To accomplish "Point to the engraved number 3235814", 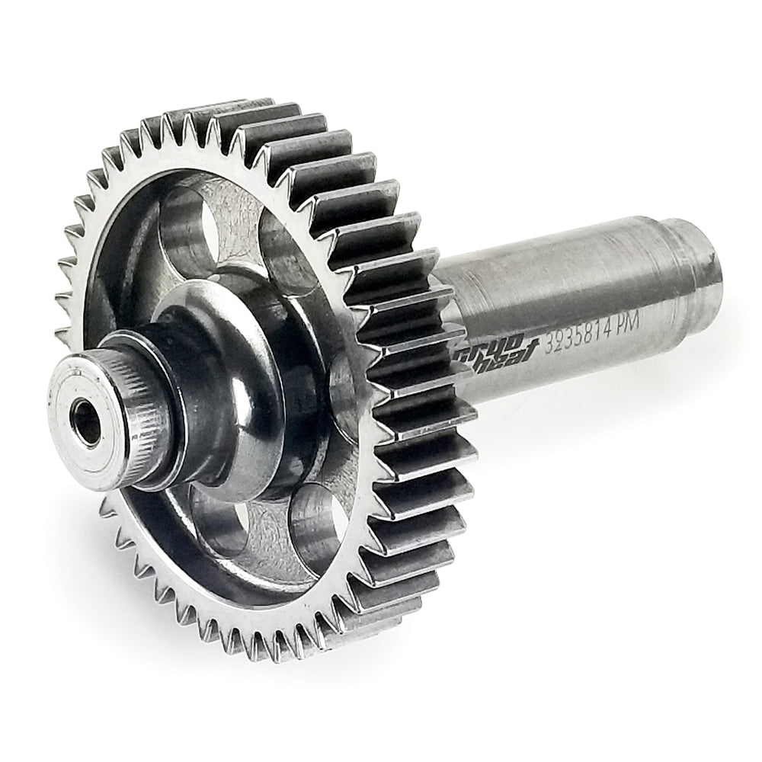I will [x=583, y=332].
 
